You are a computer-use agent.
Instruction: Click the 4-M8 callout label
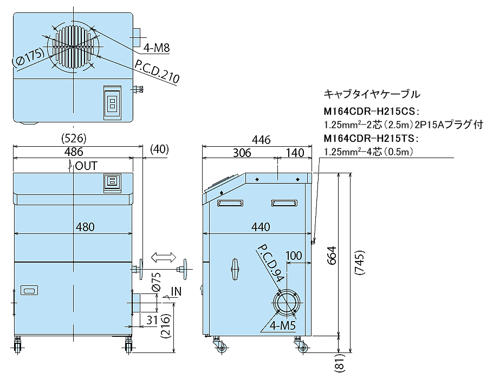pos(157,49)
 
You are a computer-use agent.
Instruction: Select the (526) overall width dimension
pos(74,138)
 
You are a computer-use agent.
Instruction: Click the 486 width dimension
pos(74,152)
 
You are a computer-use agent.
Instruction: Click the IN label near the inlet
pos(176,292)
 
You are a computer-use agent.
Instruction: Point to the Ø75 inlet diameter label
pos(155,282)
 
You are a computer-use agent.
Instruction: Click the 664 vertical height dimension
pos(333,254)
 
